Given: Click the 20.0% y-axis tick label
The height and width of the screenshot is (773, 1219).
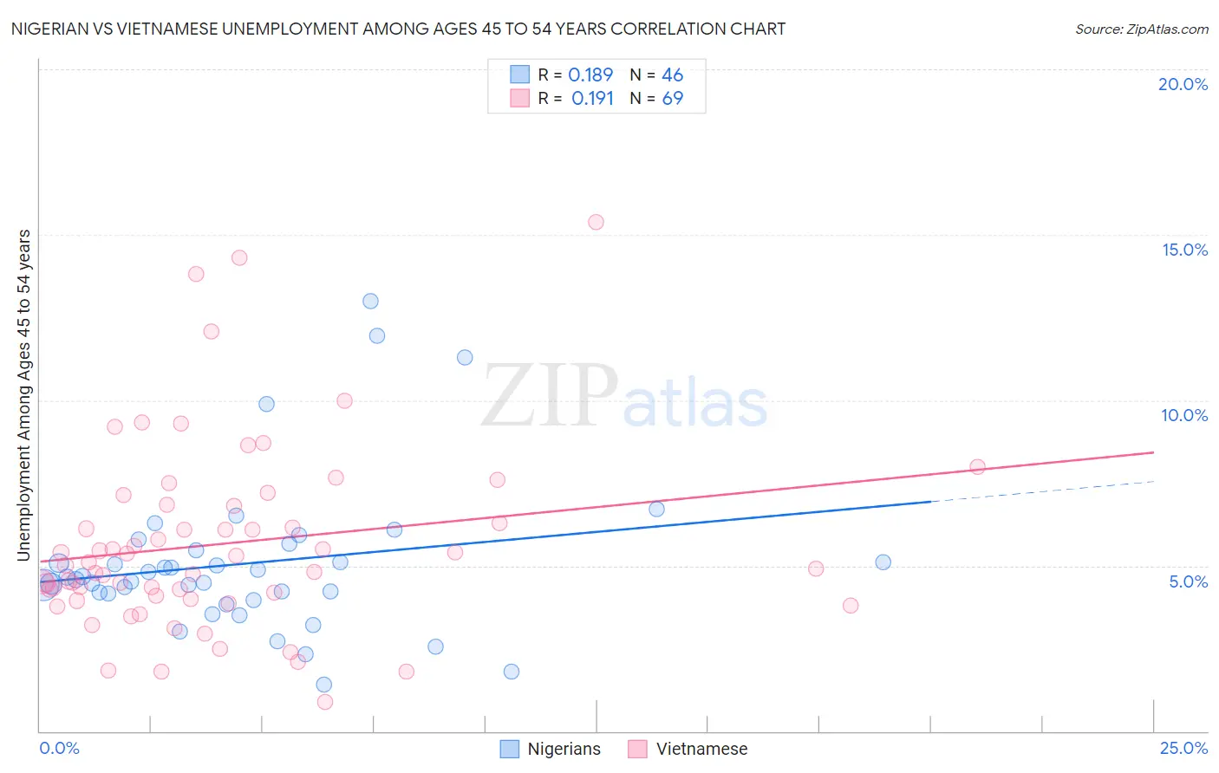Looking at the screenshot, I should [x=1183, y=84].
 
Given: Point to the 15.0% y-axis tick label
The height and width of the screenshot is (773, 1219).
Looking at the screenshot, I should [x=1184, y=250].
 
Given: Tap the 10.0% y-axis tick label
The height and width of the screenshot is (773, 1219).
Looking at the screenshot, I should [x=1184, y=415].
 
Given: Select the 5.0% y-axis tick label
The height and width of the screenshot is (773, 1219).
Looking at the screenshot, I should [x=1188, y=581].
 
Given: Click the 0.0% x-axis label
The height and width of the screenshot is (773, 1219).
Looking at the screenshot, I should [x=59, y=748].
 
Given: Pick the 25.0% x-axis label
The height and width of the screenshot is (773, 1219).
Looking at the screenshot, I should [x=1183, y=748].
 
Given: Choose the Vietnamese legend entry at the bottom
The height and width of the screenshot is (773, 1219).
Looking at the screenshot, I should [x=688, y=749].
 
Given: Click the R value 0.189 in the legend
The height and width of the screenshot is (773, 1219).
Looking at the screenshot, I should [x=590, y=75].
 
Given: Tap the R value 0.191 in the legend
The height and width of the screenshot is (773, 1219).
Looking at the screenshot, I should [x=592, y=99].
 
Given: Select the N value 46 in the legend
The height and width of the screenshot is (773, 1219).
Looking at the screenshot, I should [x=672, y=75].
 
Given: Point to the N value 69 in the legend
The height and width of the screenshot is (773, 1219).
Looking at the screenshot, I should [x=672, y=99].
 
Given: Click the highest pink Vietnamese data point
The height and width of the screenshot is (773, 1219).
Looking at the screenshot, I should [x=596, y=222].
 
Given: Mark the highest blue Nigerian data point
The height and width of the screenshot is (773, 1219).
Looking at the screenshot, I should [x=370, y=302].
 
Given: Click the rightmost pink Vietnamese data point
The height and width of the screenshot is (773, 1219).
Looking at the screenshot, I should [x=977, y=466].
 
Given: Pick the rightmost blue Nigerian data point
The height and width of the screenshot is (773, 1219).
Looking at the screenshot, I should [x=883, y=562].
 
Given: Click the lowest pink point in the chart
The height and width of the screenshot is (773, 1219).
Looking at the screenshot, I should [x=325, y=702].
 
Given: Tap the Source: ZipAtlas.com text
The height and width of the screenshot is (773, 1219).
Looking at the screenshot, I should [x=1141, y=29].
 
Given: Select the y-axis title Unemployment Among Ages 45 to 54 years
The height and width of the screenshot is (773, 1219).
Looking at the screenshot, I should [x=24, y=395].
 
